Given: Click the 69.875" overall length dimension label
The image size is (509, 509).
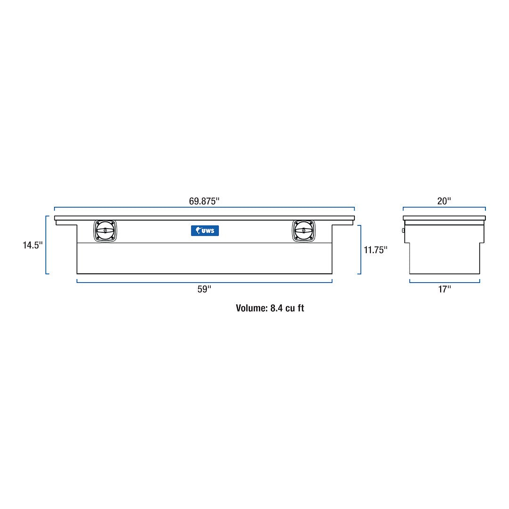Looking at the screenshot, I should coord(204,201).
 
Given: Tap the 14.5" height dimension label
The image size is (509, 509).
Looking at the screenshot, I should coord(33,245).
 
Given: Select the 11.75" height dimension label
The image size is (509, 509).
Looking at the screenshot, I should coord(375,250).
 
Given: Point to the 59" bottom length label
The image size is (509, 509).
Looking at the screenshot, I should coord(204,289).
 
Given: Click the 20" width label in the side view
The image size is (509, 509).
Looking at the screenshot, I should coord(444,201).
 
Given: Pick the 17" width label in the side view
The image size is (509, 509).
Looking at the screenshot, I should coord(444,289).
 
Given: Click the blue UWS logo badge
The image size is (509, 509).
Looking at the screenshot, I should coord(205,230).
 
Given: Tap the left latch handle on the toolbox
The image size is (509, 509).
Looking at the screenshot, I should coord(105,231).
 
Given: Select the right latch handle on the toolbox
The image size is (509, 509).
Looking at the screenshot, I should coord(303,231).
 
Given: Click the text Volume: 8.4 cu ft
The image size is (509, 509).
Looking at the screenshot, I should coord(270,308).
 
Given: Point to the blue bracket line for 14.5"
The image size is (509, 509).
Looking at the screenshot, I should coord(46,245).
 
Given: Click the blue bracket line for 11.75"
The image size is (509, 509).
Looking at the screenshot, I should coord(361,249).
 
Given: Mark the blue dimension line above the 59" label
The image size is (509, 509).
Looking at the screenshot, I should coord(204,282).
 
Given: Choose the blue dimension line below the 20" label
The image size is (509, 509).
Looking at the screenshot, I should coord(444,207).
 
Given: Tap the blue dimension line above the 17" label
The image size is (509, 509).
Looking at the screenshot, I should coord(444,282).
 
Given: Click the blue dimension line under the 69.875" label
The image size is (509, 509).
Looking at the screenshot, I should coord(204,207).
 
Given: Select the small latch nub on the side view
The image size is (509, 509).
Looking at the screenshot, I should coord(403,230).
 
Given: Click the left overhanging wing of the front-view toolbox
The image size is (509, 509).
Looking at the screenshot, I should coord(66,222).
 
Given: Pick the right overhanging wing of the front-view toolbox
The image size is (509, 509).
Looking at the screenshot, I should coord(343,222).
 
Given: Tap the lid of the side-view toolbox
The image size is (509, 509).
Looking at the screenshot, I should coord(444,218).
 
